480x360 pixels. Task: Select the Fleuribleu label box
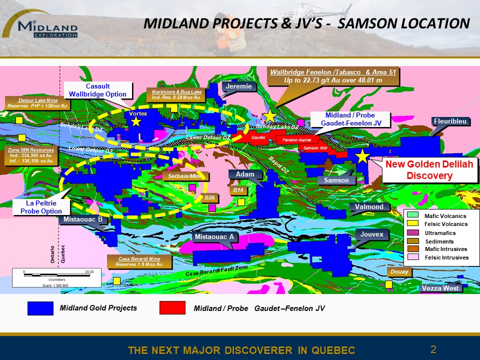point(450,120)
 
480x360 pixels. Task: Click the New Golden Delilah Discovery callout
point(429,169)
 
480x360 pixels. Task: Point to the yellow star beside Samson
point(361,156)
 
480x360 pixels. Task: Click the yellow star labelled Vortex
point(136,122)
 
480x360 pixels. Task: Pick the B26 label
point(209,197)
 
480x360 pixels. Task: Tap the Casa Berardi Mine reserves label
point(139,261)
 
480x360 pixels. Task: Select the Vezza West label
point(439,288)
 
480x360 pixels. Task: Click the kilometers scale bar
point(56,274)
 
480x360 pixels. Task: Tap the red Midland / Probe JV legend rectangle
point(172,308)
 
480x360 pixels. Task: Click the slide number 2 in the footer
point(433,349)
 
